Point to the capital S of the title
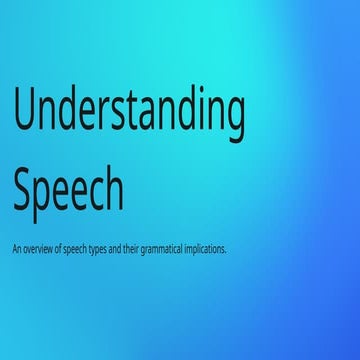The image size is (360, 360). click(25, 186)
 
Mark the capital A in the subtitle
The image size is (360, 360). click(14, 247)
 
